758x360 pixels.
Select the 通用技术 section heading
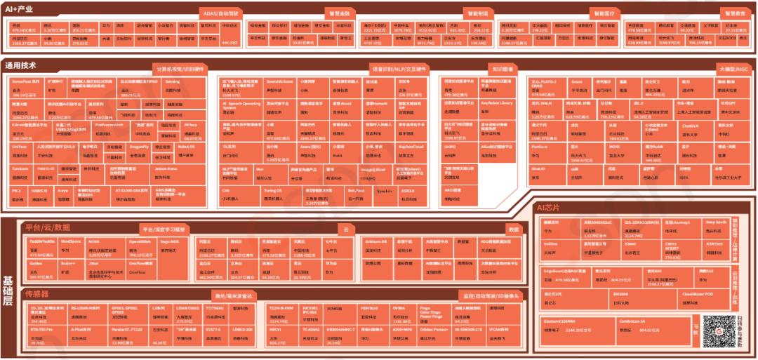click(x=21, y=65)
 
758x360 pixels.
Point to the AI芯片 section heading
click(x=547, y=208)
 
